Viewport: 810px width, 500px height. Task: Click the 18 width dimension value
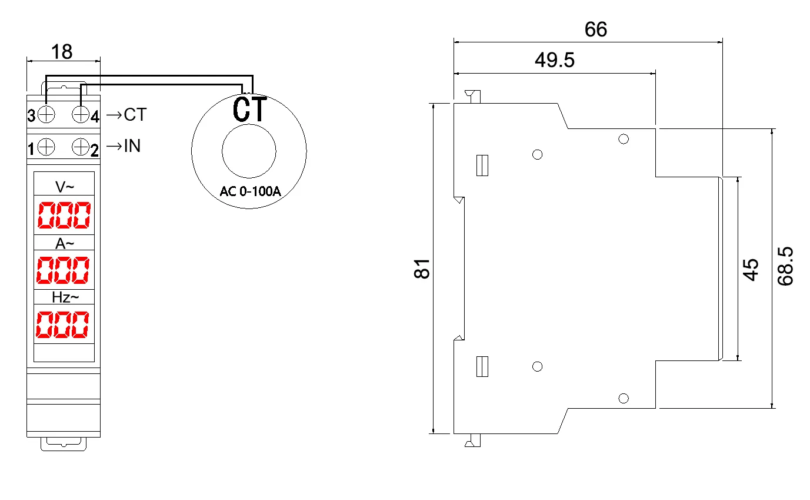coord(62,52)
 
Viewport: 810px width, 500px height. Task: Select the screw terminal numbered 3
coord(46,114)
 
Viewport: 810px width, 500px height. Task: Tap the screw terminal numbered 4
coord(81,114)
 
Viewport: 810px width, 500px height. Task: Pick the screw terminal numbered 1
coord(46,146)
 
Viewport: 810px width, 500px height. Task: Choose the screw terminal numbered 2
coord(81,146)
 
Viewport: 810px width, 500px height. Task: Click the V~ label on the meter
coord(64,187)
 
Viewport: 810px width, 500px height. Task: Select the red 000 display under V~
coord(64,216)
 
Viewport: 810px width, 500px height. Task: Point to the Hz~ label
coord(64,297)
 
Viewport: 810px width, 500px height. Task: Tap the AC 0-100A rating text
coord(249,192)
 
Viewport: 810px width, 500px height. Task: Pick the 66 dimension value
coord(595,30)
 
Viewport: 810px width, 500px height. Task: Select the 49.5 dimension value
coord(554,60)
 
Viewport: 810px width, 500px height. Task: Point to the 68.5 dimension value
coord(786,266)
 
